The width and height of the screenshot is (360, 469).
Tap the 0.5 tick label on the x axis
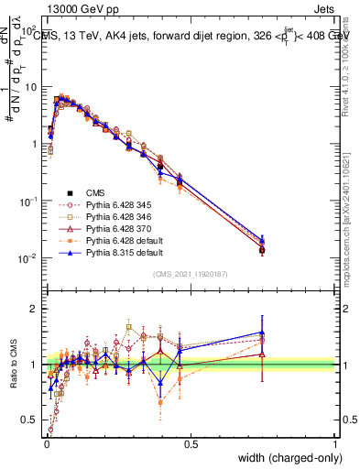point(191,444)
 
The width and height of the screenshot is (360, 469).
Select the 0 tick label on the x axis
point(46,444)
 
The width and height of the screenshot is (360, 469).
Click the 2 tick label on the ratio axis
point(33,309)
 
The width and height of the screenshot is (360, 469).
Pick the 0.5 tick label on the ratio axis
point(29,421)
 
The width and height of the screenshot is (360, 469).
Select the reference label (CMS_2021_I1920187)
point(191,275)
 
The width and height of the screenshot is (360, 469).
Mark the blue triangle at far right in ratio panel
point(263,333)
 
